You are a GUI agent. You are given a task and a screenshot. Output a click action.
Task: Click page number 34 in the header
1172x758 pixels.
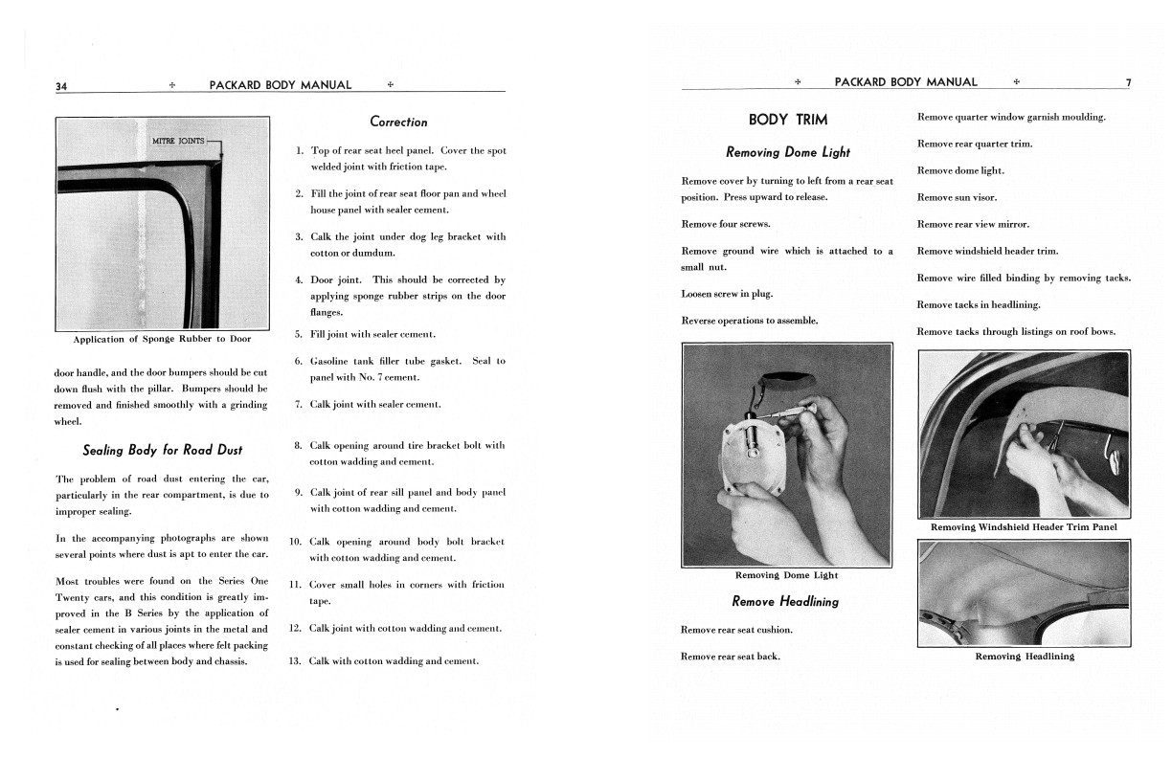pyautogui.click(x=61, y=86)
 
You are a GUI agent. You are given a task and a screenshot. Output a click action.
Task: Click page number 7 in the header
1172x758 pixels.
pyautogui.click(x=1128, y=82)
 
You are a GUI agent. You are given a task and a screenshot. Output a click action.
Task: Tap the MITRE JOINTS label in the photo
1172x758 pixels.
pyautogui.click(x=180, y=142)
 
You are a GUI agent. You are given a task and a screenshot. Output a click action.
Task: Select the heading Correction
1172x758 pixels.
pyautogui.click(x=398, y=122)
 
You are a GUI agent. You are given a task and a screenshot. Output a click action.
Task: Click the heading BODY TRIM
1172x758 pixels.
pyautogui.click(x=787, y=120)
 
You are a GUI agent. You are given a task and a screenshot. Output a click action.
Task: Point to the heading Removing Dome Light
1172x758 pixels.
pyautogui.click(x=787, y=152)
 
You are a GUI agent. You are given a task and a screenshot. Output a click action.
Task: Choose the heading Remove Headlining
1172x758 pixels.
pyautogui.click(x=784, y=602)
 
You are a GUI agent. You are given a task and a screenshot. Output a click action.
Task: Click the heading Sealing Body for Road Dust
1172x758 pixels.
pyautogui.click(x=162, y=450)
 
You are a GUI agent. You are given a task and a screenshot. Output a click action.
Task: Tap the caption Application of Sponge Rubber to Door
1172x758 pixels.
pyautogui.click(x=162, y=339)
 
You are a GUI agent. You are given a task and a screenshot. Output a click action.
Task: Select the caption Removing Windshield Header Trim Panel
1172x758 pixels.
pyautogui.click(x=1024, y=527)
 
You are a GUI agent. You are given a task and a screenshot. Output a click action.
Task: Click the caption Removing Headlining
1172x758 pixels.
pyautogui.click(x=1024, y=657)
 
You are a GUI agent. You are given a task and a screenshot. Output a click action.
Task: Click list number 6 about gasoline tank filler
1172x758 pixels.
pyautogui.click(x=298, y=361)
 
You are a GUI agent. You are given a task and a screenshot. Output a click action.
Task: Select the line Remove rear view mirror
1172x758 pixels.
pyautogui.click(x=973, y=224)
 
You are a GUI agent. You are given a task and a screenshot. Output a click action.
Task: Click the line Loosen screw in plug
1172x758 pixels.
pyautogui.click(x=727, y=294)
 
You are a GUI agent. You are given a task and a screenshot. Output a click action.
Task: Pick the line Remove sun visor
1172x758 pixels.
pyautogui.click(x=957, y=197)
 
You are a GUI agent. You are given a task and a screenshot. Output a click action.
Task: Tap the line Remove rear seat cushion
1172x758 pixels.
pyautogui.click(x=736, y=630)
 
